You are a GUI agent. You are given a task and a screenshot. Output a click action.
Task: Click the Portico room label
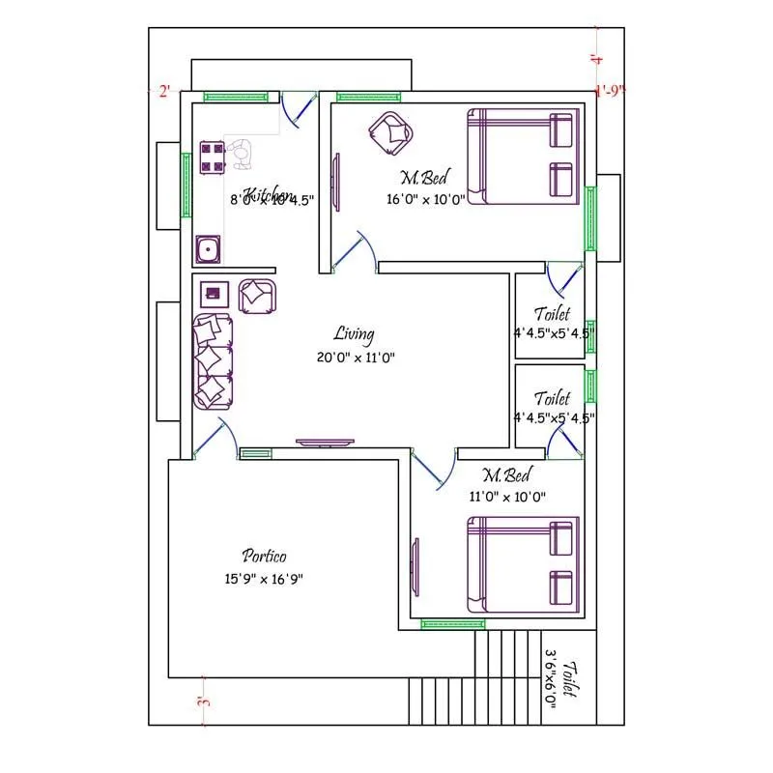pyautogui.click(x=264, y=556)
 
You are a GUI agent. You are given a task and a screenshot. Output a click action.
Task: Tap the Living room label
pyautogui.click(x=354, y=334)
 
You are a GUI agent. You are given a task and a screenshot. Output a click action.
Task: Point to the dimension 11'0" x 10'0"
pyautogui.click(x=508, y=497)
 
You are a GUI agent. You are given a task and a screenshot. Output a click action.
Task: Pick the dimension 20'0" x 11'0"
pyautogui.click(x=356, y=357)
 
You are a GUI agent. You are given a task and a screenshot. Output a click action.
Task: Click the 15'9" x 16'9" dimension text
pyautogui.click(x=264, y=580)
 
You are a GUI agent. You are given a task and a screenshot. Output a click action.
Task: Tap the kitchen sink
pyautogui.click(x=207, y=249)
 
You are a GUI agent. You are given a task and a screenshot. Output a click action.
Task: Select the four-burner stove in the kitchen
pyautogui.click(x=212, y=157)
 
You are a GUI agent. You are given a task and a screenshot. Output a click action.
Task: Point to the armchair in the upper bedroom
pyautogui.click(x=391, y=131)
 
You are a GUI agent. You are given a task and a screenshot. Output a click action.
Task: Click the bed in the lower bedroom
pyautogui.click(x=523, y=565)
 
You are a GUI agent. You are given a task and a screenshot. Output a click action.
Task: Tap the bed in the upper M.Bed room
pyautogui.click(x=523, y=157)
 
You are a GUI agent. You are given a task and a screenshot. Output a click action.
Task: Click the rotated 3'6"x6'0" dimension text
pyautogui.click(x=552, y=681)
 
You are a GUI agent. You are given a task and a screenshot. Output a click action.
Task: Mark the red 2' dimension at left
pyautogui.click(x=164, y=92)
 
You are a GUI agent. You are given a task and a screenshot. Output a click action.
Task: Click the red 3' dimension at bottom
pyautogui.click(x=203, y=702)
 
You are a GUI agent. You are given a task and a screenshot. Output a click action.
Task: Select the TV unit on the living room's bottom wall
pyautogui.click(x=326, y=444)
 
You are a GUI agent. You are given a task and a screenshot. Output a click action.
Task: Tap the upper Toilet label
pyautogui.click(x=553, y=314)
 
